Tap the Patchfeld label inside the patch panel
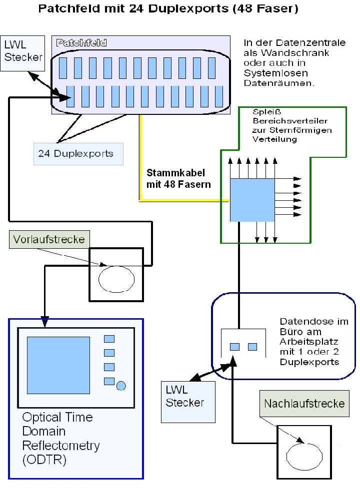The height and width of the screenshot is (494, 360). click(x=81, y=43)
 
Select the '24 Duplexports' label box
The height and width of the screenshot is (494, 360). click(x=75, y=154)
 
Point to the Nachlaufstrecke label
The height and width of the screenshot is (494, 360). click(x=304, y=403)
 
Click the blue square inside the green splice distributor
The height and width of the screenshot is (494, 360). click(x=252, y=200)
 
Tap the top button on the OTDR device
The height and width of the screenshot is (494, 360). click(x=109, y=339)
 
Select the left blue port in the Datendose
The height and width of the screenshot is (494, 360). click(x=234, y=347)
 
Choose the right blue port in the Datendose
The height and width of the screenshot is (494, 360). click(x=252, y=347)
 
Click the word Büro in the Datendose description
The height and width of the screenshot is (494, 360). click(x=289, y=332)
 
